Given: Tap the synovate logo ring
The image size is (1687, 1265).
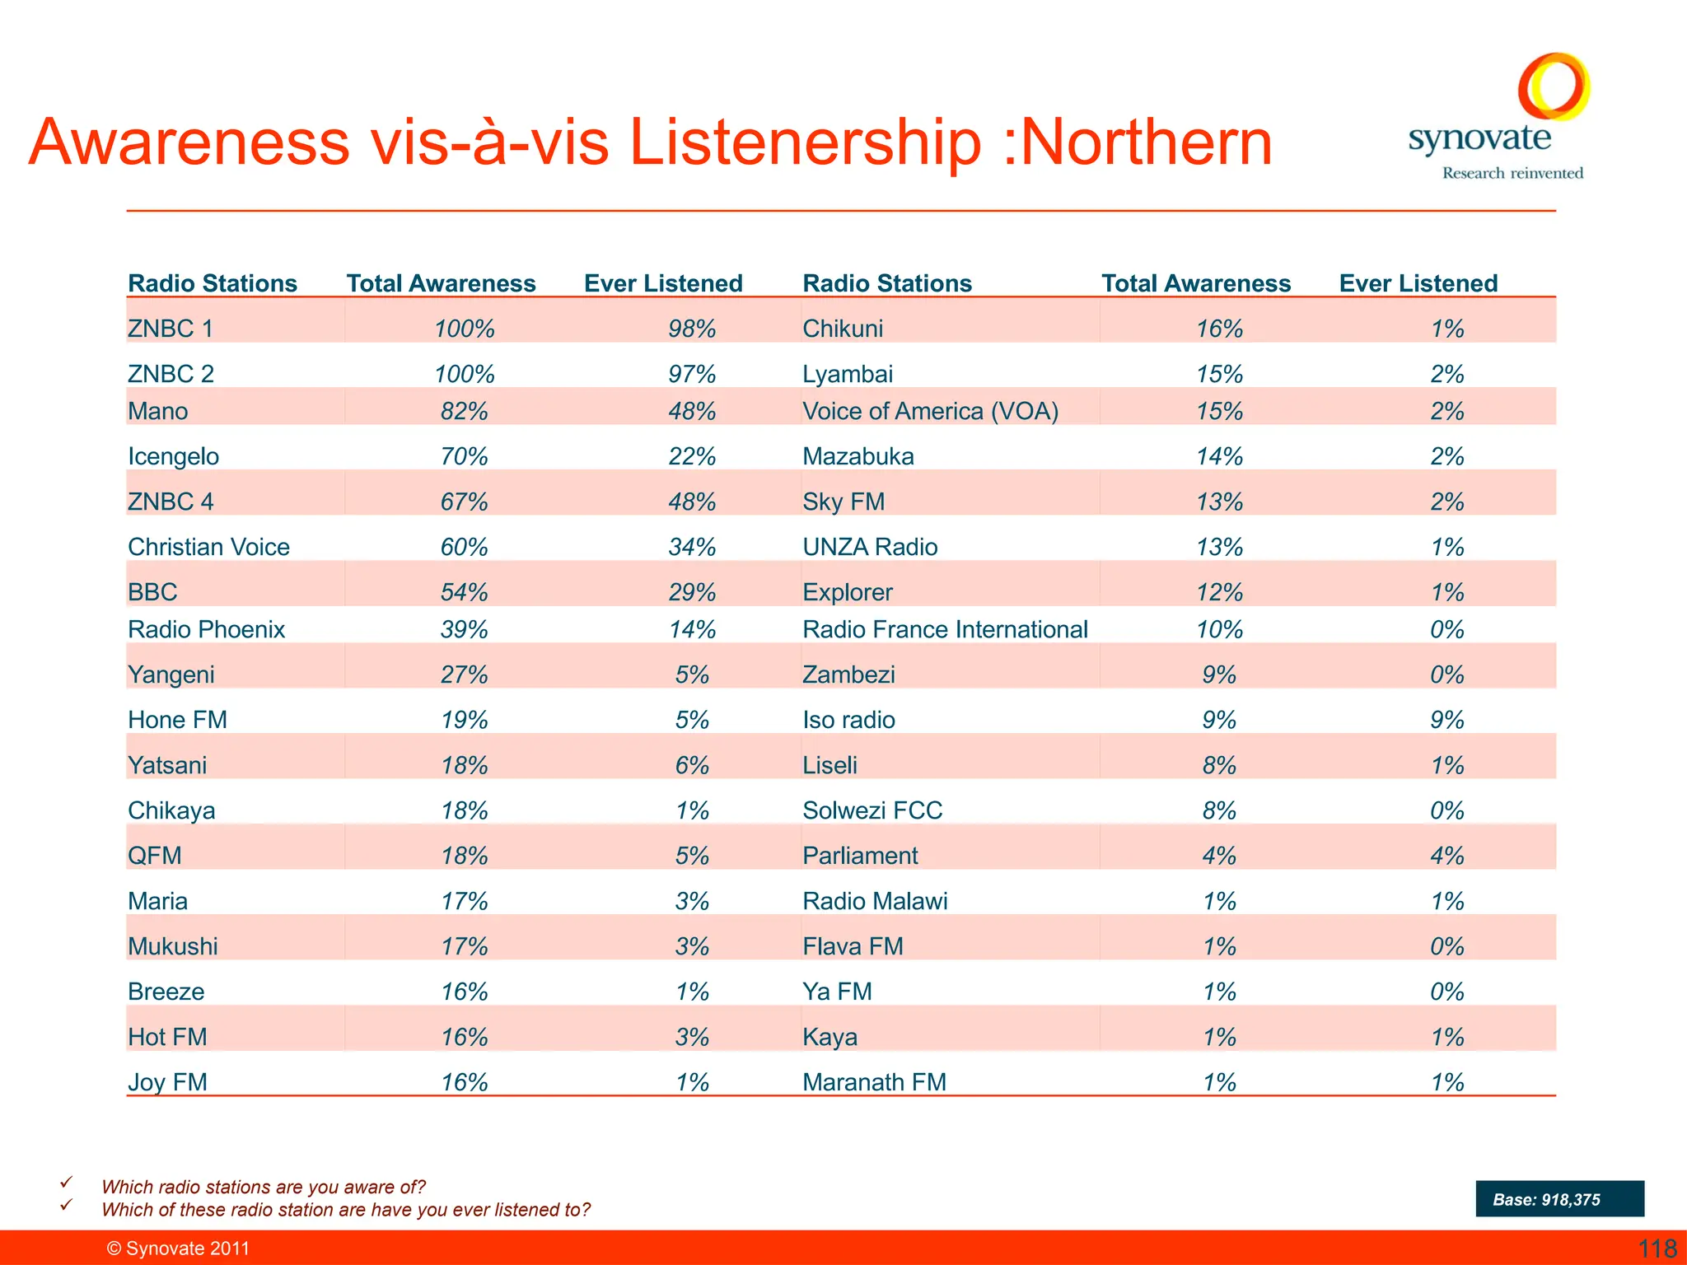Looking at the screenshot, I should [x=1554, y=86].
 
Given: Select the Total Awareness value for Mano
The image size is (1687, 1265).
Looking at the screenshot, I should [x=464, y=411].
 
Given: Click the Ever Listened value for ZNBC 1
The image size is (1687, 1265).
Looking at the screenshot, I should [x=692, y=329].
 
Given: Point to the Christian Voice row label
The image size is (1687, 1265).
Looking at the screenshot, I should [x=208, y=547].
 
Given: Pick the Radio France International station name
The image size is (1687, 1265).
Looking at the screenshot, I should [x=945, y=629].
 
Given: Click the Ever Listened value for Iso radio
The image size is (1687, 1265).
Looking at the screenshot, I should [x=1446, y=720].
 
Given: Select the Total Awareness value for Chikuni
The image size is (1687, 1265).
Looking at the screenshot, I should [x=1219, y=329].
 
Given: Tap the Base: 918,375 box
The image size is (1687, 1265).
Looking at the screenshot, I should [x=1559, y=1199].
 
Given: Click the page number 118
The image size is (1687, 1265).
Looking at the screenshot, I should [x=1657, y=1249].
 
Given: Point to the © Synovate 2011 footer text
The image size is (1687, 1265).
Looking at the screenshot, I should [x=178, y=1249].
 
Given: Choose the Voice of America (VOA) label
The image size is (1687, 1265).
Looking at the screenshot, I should [x=930, y=411].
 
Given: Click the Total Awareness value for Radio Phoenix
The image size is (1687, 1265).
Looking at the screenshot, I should [x=464, y=629].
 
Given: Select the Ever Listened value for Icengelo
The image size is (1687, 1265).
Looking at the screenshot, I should [x=692, y=456].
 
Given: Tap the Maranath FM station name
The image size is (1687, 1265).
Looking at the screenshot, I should [x=874, y=1081].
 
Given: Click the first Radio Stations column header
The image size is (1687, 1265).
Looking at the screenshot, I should [x=213, y=283].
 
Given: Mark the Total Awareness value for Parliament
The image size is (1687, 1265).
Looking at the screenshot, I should [x=1219, y=856].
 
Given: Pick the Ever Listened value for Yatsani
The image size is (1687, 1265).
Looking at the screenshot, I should [x=692, y=765].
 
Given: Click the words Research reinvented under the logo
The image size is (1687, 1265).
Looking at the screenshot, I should [x=1512, y=173].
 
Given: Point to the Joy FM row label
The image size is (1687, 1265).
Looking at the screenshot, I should [x=167, y=1081].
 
